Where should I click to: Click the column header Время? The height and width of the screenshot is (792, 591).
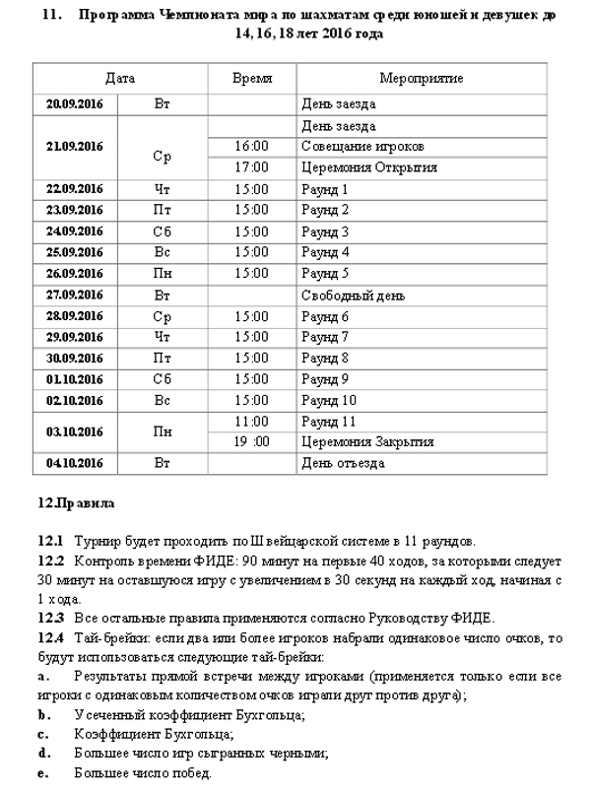tap(251, 79)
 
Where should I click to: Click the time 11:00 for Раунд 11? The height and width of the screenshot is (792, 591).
tap(251, 422)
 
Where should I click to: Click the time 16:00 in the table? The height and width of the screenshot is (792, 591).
tap(251, 146)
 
